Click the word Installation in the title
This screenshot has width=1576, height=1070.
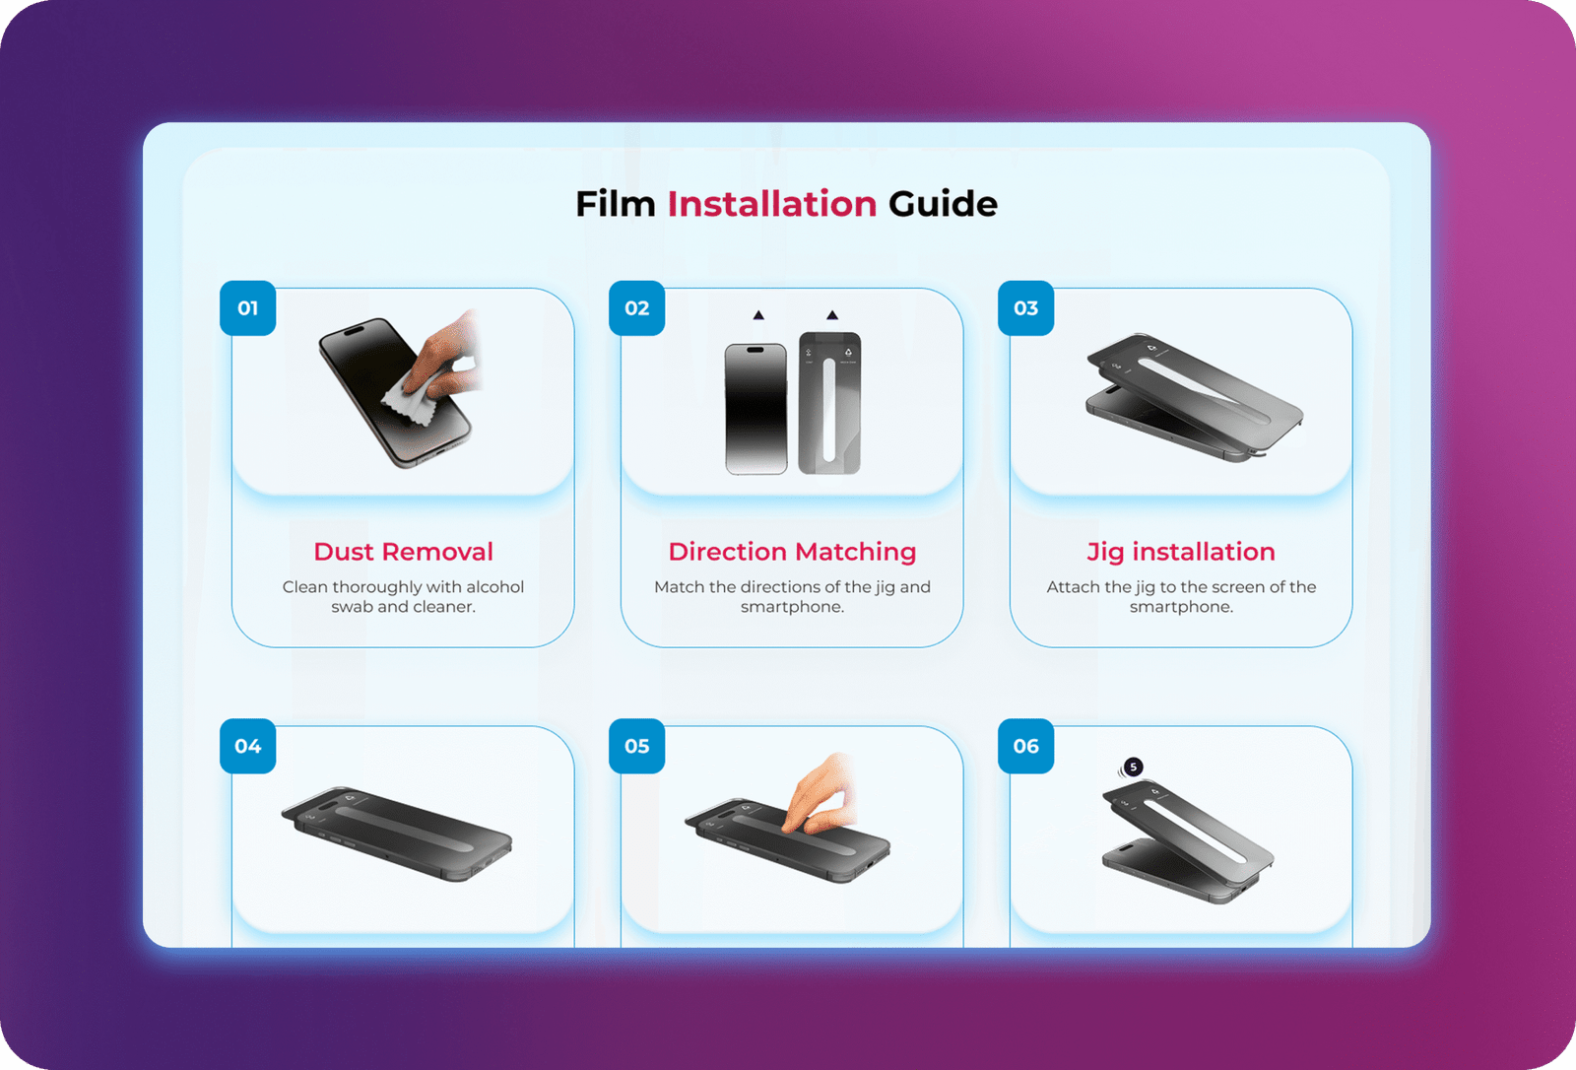coord(772,204)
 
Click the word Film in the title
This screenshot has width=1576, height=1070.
coord(616,204)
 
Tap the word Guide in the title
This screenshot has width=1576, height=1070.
coord(943,204)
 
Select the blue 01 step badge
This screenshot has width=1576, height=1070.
coord(247,308)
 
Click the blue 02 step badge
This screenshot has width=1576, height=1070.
coord(636,308)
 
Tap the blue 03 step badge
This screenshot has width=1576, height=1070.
coord(1025,308)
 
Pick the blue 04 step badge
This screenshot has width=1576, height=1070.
coord(247,746)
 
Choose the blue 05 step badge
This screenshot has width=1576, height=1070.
coord(636,746)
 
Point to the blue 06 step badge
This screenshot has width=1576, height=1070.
coord(1025,746)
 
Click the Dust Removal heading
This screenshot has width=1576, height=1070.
coord(403,552)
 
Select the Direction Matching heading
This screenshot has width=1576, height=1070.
coord(792,553)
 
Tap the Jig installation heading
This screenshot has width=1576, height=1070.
coord(1181,553)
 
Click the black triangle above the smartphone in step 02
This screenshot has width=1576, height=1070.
coord(758,315)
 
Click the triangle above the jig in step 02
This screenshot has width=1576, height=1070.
coord(832,315)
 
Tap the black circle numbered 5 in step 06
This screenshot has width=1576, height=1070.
coord(1133,767)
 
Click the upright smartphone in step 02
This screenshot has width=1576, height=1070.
coord(756,409)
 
